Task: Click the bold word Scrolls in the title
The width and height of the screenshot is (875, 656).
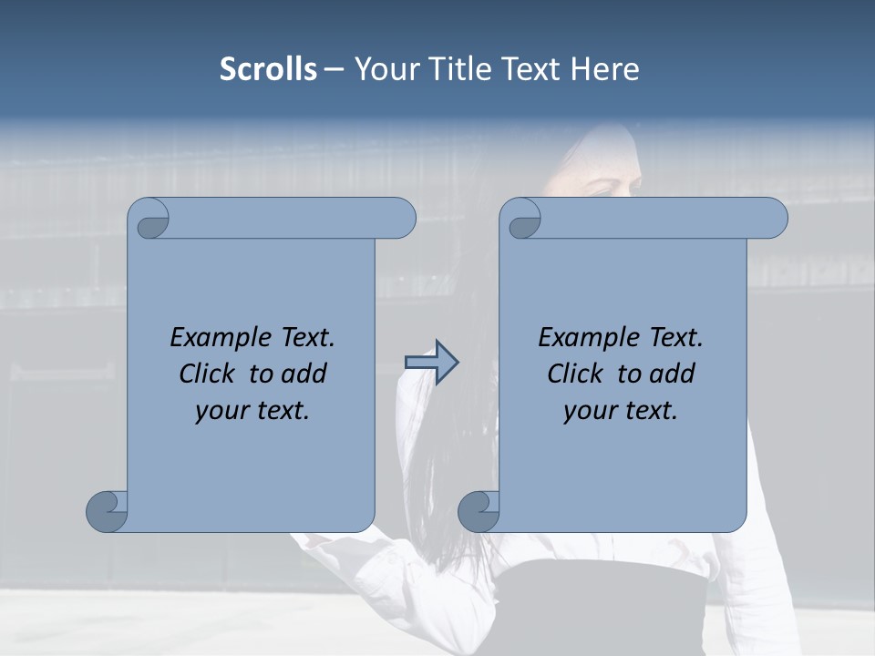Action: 268,69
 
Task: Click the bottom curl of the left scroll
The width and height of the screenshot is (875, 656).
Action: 108,511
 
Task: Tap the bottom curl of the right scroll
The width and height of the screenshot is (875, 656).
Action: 479,511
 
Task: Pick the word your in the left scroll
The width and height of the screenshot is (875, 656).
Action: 221,412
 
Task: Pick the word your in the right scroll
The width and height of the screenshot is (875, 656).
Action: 589,412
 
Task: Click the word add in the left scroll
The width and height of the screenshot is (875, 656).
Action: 305,374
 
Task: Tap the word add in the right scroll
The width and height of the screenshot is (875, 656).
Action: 674,374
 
